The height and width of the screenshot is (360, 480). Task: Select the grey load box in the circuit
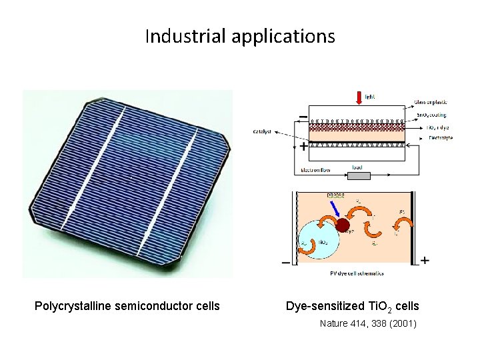[358, 175]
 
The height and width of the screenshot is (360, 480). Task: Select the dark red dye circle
[343, 225]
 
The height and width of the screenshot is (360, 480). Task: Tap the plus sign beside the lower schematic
[425, 260]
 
